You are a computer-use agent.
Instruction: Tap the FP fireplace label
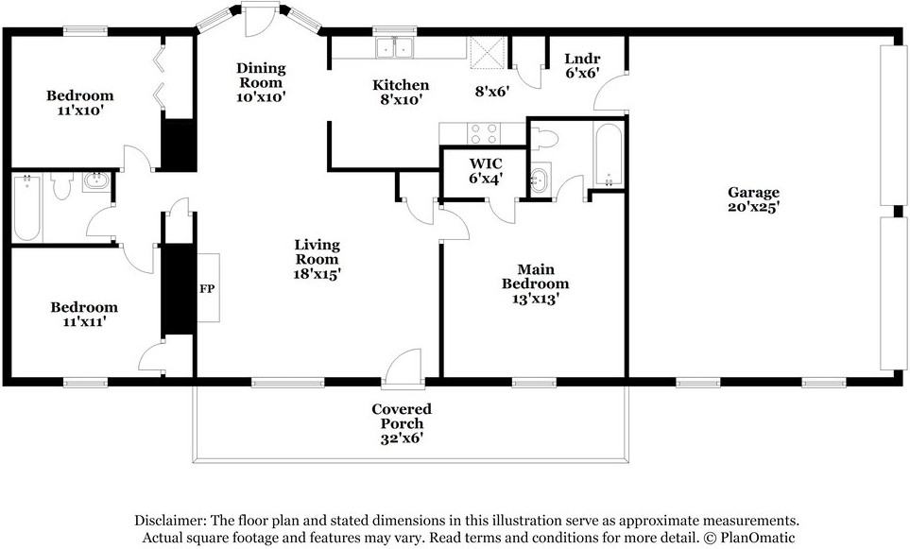(x=207, y=288)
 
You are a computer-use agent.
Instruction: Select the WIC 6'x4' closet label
(x=485, y=171)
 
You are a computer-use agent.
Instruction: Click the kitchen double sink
(x=394, y=47)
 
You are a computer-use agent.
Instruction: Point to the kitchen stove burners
(x=483, y=133)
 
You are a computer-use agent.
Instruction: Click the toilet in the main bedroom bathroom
(x=544, y=139)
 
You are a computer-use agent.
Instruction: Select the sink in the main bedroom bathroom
(x=540, y=180)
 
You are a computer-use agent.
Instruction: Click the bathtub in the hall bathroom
(x=26, y=207)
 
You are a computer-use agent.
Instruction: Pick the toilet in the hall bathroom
(x=60, y=186)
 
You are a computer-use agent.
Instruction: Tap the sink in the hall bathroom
(x=95, y=181)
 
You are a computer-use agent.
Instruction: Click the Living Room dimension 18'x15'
(x=317, y=274)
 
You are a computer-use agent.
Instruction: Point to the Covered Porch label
(x=402, y=416)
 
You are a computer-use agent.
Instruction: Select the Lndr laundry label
(x=582, y=59)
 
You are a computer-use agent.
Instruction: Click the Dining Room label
(x=261, y=76)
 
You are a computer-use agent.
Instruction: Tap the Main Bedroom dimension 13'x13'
(x=535, y=299)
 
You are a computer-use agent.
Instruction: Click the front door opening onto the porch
(x=403, y=368)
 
